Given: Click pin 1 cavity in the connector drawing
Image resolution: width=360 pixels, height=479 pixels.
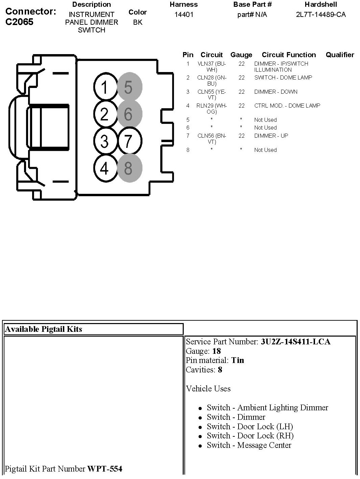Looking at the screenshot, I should (x=105, y=88).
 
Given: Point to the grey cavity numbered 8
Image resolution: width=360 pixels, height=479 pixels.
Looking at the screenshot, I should (x=129, y=168).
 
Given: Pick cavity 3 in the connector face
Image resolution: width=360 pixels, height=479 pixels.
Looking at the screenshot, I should (x=105, y=141).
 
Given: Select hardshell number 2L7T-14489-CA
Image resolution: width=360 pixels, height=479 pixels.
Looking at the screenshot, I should (x=321, y=15).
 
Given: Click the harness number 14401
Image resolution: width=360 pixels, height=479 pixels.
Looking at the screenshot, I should (x=184, y=15).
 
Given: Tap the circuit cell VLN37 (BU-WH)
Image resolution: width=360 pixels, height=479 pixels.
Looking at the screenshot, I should (x=211, y=67).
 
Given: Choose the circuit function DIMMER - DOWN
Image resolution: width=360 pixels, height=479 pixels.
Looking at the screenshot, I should (x=276, y=92).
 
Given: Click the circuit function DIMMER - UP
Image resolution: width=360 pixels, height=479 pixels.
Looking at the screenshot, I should (x=271, y=136).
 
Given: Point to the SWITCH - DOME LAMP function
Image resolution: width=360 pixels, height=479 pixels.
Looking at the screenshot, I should (x=283, y=78).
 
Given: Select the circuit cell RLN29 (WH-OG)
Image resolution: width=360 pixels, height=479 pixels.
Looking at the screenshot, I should (x=211, y=109).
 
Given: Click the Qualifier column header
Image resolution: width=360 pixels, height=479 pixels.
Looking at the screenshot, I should (x=340, y=55).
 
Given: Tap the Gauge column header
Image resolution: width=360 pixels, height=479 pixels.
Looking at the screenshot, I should (x=241, y=55).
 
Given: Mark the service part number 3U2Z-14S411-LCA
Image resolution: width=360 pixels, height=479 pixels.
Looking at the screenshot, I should (x=295, y=342).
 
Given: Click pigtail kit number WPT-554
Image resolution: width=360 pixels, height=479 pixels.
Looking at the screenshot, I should (x=105, y=469).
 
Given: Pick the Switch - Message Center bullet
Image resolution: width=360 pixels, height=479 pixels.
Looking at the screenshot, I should (x=249, y=445).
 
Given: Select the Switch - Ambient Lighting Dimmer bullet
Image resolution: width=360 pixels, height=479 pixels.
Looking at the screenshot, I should (x=267, y=408).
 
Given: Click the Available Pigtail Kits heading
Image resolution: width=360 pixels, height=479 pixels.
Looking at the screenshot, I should (x=44, y=329).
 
